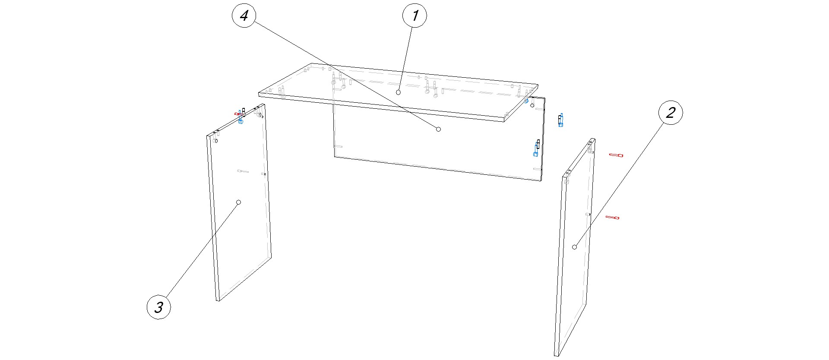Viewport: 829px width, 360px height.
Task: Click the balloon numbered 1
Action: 414,16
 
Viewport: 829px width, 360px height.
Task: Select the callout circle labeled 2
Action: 671,113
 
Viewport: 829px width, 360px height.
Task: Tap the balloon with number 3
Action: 159,307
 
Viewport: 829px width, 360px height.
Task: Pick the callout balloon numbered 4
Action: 244,16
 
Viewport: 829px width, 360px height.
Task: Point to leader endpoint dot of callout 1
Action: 399,92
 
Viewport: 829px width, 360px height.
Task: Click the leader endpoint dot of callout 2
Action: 574,247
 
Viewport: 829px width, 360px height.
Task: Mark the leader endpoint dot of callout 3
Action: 239,202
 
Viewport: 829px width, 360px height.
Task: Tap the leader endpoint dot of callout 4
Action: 439,129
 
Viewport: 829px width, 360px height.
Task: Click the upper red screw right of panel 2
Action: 616,155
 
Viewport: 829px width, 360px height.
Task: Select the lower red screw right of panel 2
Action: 613,217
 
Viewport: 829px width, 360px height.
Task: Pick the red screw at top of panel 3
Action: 238,114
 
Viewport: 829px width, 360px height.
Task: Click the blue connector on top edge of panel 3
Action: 241,121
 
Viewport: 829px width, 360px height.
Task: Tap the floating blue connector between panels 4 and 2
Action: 560,120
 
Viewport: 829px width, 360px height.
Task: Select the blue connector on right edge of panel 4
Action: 536,148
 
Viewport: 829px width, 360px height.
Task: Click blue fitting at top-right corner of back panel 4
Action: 526,101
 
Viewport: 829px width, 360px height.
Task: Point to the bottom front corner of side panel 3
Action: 218,301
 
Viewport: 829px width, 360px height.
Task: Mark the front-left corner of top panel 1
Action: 259,94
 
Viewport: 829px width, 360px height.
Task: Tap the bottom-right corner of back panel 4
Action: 541,181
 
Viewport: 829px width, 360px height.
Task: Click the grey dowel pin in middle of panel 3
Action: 243,171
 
